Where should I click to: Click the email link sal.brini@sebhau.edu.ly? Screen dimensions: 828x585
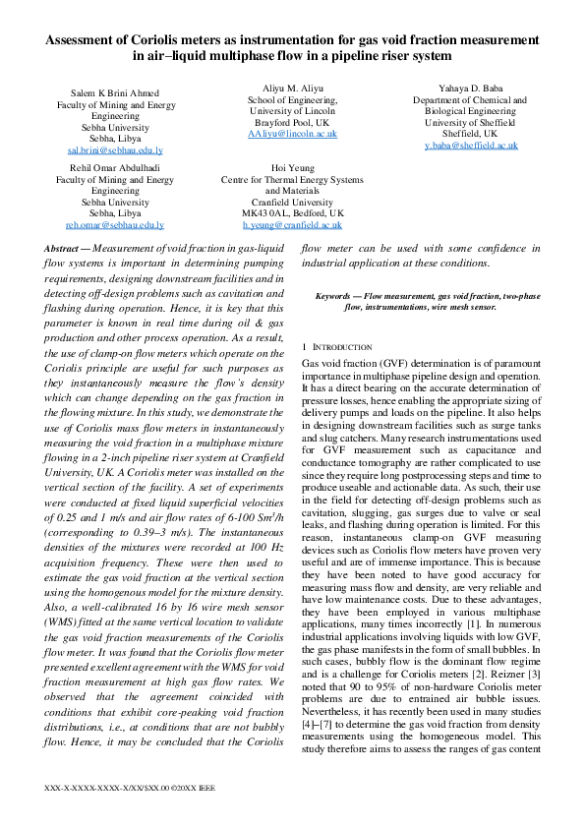point(114,150)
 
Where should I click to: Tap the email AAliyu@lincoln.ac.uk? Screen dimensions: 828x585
point(292,133)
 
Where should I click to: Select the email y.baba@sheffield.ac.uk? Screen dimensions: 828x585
point(471,145)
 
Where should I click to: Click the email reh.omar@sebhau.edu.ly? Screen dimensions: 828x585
point(114,224)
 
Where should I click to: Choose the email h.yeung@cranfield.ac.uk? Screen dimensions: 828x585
point(292,224)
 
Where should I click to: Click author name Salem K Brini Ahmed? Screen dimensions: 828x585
point(114,91)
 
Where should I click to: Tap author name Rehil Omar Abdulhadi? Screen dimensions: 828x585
point(114,168)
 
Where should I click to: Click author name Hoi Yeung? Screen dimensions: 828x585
point(292,168)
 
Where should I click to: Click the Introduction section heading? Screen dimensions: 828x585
point(340,347)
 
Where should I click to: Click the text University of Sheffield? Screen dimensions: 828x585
point(471,122)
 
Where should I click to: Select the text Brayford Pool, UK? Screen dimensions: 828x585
point(292,122)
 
